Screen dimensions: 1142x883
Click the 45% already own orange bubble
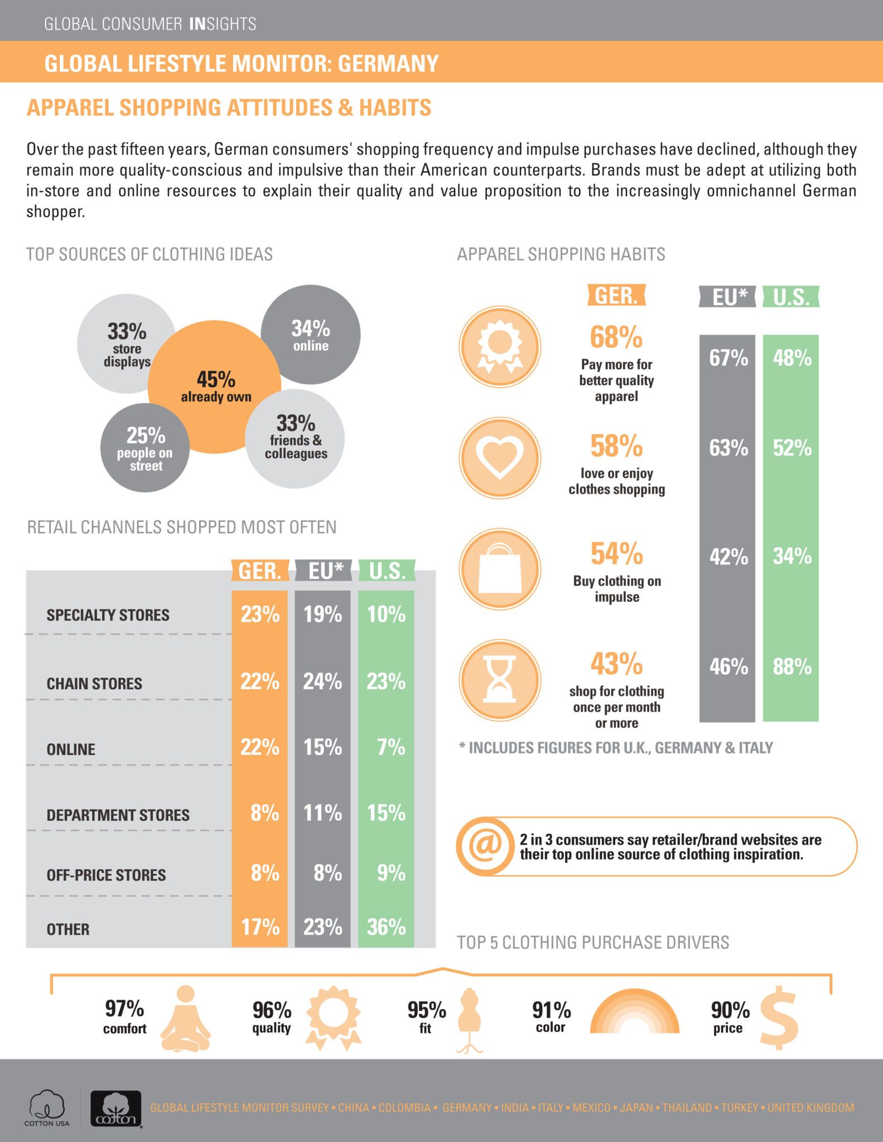click(x=215, y=386)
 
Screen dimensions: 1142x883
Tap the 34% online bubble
click(x=311, y=335)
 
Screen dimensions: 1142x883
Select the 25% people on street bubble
click(x=145, y=448)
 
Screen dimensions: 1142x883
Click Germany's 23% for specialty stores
click(x=260, y=614)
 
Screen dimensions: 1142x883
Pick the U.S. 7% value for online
click(x=390, y=747)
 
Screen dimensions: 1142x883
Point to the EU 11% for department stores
click(x=322, y=813)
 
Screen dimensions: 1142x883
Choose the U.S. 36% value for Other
click(x=386, y=927)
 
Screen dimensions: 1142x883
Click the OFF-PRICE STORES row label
click(x=106, y=875)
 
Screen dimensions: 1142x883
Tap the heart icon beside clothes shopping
click(x=500, y=458)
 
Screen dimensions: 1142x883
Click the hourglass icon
click(x=500, y=680)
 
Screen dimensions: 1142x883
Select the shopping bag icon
click(x=500, y=568)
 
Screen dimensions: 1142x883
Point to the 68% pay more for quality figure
click(x=616, y=337)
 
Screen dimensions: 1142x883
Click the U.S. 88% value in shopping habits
click(x=792, y=666)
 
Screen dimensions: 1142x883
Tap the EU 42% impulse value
click(x=728, y=556)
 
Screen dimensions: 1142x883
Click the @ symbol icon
click(x=484, y=846)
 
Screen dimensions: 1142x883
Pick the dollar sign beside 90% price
click(x=779, y=1018)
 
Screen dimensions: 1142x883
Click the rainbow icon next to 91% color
click(x=634, y=1012)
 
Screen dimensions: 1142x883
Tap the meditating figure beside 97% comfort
click(x=186, y=1018)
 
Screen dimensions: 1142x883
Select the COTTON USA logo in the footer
click(x=47, y=1109)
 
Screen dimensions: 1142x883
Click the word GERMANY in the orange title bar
click(x=388, y=64)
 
